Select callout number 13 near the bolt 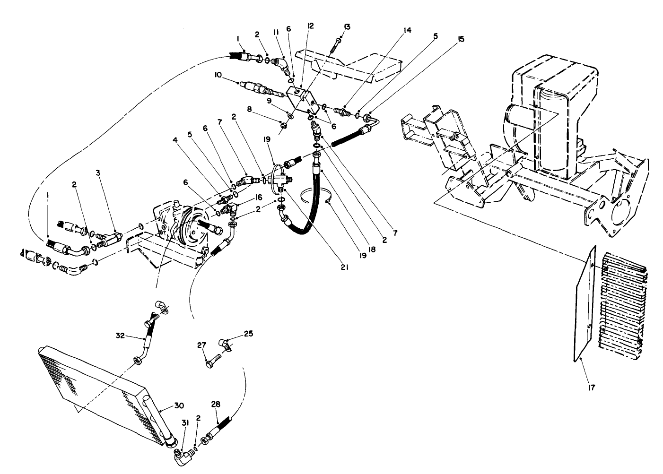[x=347, y=26]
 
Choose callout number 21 [x=344, y=267]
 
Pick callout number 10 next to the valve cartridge [x=218, y=75]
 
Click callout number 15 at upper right [x=461, y=40]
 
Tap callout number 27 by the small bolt [x=202, y=345]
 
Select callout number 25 [x=248, y=333]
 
